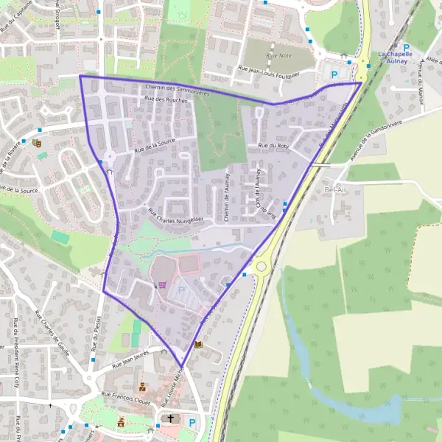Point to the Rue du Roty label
273,146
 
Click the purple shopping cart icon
161,284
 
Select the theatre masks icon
36,142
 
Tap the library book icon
197,343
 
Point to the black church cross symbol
171,418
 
